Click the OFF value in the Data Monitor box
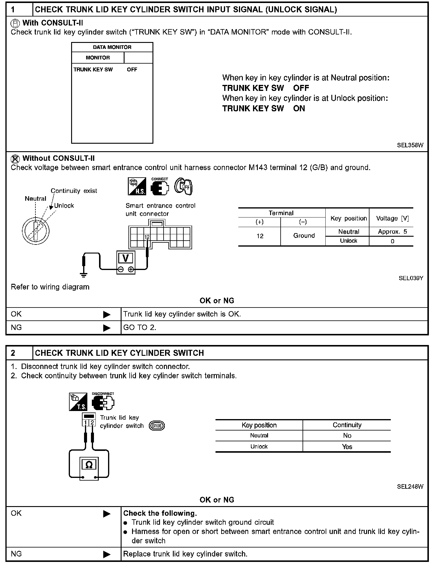132,70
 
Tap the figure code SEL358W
410,145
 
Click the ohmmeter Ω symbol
89,465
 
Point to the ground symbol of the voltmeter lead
84,274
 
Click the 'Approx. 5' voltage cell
392,232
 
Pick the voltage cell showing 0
392,241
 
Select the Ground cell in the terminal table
304,236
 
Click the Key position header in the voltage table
348,218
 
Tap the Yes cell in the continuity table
347,447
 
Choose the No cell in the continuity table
347,436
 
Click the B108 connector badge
157,426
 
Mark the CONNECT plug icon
160,187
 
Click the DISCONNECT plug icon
103,402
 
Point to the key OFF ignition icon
184,187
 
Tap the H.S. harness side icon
137,186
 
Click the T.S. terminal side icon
78,402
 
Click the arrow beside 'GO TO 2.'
107,328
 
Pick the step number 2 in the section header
13,353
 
